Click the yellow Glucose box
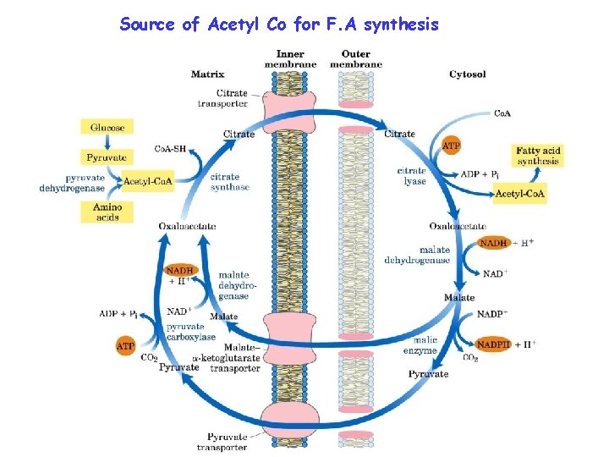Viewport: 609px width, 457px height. click(107, 128)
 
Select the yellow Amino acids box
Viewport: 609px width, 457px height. click(107, 212)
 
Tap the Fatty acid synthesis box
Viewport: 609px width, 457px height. click(538, 156)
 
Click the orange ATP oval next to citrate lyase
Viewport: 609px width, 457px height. click(452, 146)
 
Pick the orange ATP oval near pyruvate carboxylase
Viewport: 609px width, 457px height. click(126, 345)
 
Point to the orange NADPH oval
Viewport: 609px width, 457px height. click(493, 344)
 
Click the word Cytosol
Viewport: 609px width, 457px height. click(467, 74)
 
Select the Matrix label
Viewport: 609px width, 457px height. click(207, 74)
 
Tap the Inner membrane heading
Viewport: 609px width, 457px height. click(290, 59)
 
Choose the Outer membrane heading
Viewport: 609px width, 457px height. click(355, 59)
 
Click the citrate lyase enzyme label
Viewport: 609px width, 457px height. click(412, 176)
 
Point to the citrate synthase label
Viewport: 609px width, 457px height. click(230, 182)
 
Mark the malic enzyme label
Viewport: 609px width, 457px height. click(420, 344)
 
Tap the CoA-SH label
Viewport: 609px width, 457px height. click(169, 149)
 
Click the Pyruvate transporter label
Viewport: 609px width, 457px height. click(222, 442)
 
